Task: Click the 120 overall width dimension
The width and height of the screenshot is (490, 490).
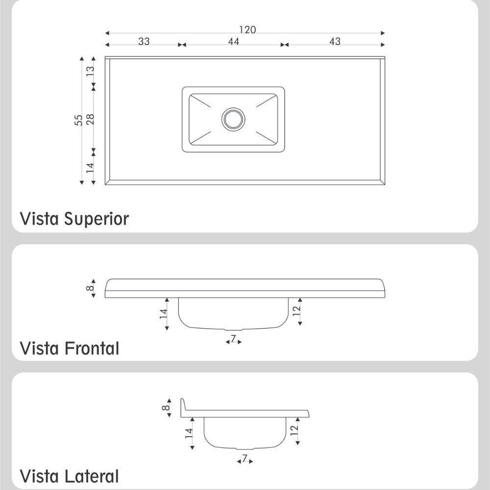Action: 247,30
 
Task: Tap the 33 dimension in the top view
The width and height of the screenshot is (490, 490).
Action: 144,41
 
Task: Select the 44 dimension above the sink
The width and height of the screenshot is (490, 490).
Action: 233,41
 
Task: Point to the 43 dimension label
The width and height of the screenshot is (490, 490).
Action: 335,41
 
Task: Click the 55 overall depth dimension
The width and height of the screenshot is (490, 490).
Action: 79,121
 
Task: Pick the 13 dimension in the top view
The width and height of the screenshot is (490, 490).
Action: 90,71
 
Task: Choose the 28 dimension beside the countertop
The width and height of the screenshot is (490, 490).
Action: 90,119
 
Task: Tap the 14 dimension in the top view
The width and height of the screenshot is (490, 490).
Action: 90,168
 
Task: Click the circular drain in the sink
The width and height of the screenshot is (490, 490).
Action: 233,119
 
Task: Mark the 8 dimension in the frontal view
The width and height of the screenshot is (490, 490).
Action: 90,288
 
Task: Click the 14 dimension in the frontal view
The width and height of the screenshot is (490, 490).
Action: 164,314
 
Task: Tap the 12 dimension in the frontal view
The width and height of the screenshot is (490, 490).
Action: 296,311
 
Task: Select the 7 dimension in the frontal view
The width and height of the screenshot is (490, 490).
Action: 233,338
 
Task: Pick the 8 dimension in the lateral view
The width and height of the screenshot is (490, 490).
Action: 166,408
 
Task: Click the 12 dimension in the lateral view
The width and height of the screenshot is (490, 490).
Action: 294,431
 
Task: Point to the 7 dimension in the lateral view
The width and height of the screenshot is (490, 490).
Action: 245,458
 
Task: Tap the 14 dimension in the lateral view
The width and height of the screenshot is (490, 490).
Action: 189,434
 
